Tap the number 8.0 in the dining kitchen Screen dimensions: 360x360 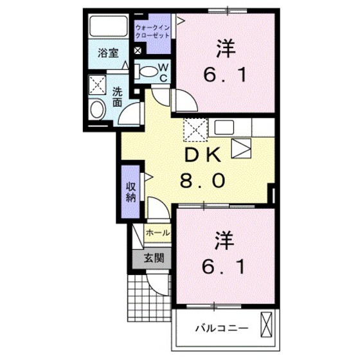(202, 182)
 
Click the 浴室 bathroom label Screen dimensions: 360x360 (107, 53)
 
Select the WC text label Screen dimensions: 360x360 (163, 72)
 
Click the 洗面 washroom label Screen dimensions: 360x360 (118, 96)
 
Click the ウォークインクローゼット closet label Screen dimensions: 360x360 (152, 32)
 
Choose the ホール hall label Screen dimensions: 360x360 (157, 233)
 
